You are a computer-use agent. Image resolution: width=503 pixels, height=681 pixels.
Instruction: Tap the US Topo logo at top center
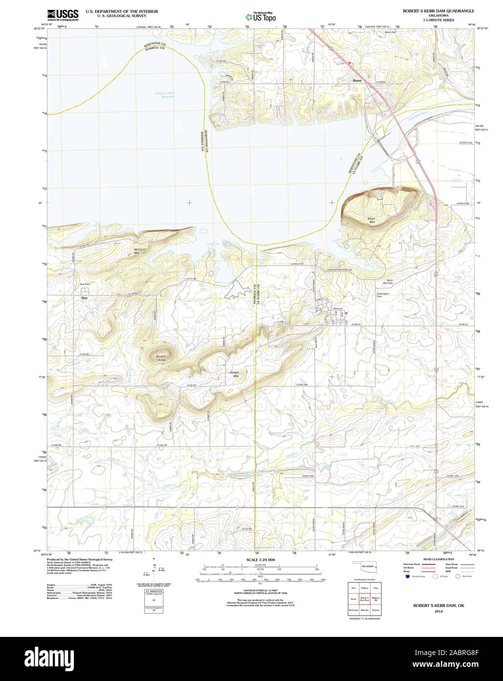(x=261, y=17)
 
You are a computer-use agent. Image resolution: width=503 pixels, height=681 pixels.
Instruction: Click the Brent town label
(x=357, y=81)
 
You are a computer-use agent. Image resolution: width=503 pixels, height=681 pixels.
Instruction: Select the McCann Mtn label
(x=140, y=250)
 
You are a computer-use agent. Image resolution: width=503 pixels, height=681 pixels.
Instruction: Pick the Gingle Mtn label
(x=235, y=374)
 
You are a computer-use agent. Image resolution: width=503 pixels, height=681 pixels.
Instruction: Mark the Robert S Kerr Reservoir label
(x=165, y=95)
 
